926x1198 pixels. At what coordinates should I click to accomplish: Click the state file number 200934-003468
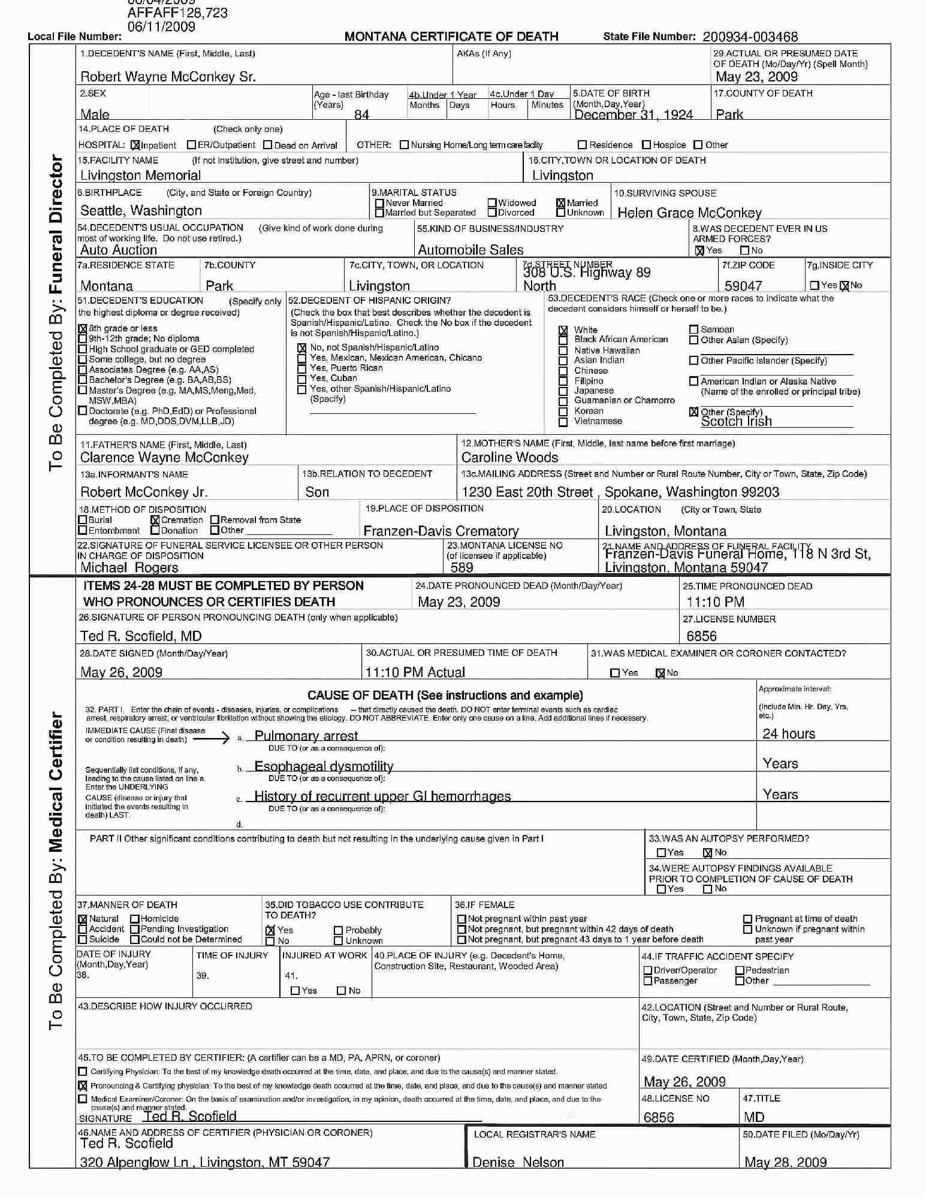tap(750, 37)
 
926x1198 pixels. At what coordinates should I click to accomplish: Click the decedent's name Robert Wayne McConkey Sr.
tap(168, 77)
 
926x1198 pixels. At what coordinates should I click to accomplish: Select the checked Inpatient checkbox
tap(135, 145)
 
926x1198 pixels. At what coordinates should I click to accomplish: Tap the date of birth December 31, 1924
tap(634, 114)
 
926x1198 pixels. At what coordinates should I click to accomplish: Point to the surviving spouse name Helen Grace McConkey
tap(689, 213)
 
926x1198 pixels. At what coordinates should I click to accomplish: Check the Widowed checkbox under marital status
tap(492, 203)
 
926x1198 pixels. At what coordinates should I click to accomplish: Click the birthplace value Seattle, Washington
tap(141, 210)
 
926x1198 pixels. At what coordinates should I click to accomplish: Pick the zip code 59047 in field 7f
tap(743, 286)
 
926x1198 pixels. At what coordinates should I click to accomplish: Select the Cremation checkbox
tap(155, 520)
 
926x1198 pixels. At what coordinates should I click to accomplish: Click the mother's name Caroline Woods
tap(509, 458)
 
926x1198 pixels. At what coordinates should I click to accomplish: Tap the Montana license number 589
tap(462, 567)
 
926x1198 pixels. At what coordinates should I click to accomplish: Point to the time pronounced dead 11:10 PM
tap(715, 602)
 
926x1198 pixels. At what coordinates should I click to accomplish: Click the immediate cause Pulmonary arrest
tap(306, 736)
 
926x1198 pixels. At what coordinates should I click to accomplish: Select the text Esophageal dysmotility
tap(324, 766)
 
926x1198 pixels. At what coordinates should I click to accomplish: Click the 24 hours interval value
tap(789, 734)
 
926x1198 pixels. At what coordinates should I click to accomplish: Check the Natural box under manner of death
tap(83, 919)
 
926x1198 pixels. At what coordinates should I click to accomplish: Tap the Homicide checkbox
tap(135, 919)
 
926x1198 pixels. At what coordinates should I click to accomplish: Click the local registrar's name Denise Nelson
tap(518, 1162)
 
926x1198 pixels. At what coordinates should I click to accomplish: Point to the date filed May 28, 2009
tap(785, 1162)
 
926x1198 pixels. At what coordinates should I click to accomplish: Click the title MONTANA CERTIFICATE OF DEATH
tap(451, 37)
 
